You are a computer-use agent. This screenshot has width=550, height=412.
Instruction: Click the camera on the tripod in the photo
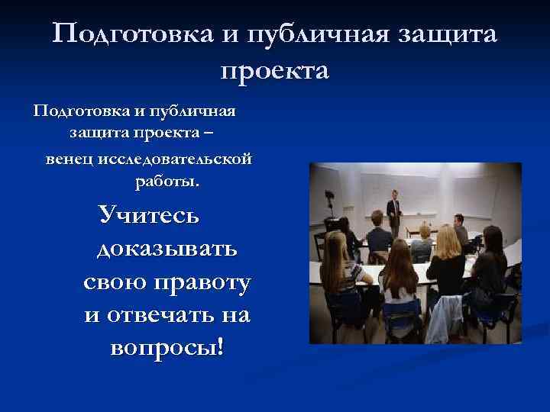[x=331, y=201]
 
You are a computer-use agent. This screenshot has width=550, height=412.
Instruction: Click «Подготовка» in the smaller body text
[x=73, y=111]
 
